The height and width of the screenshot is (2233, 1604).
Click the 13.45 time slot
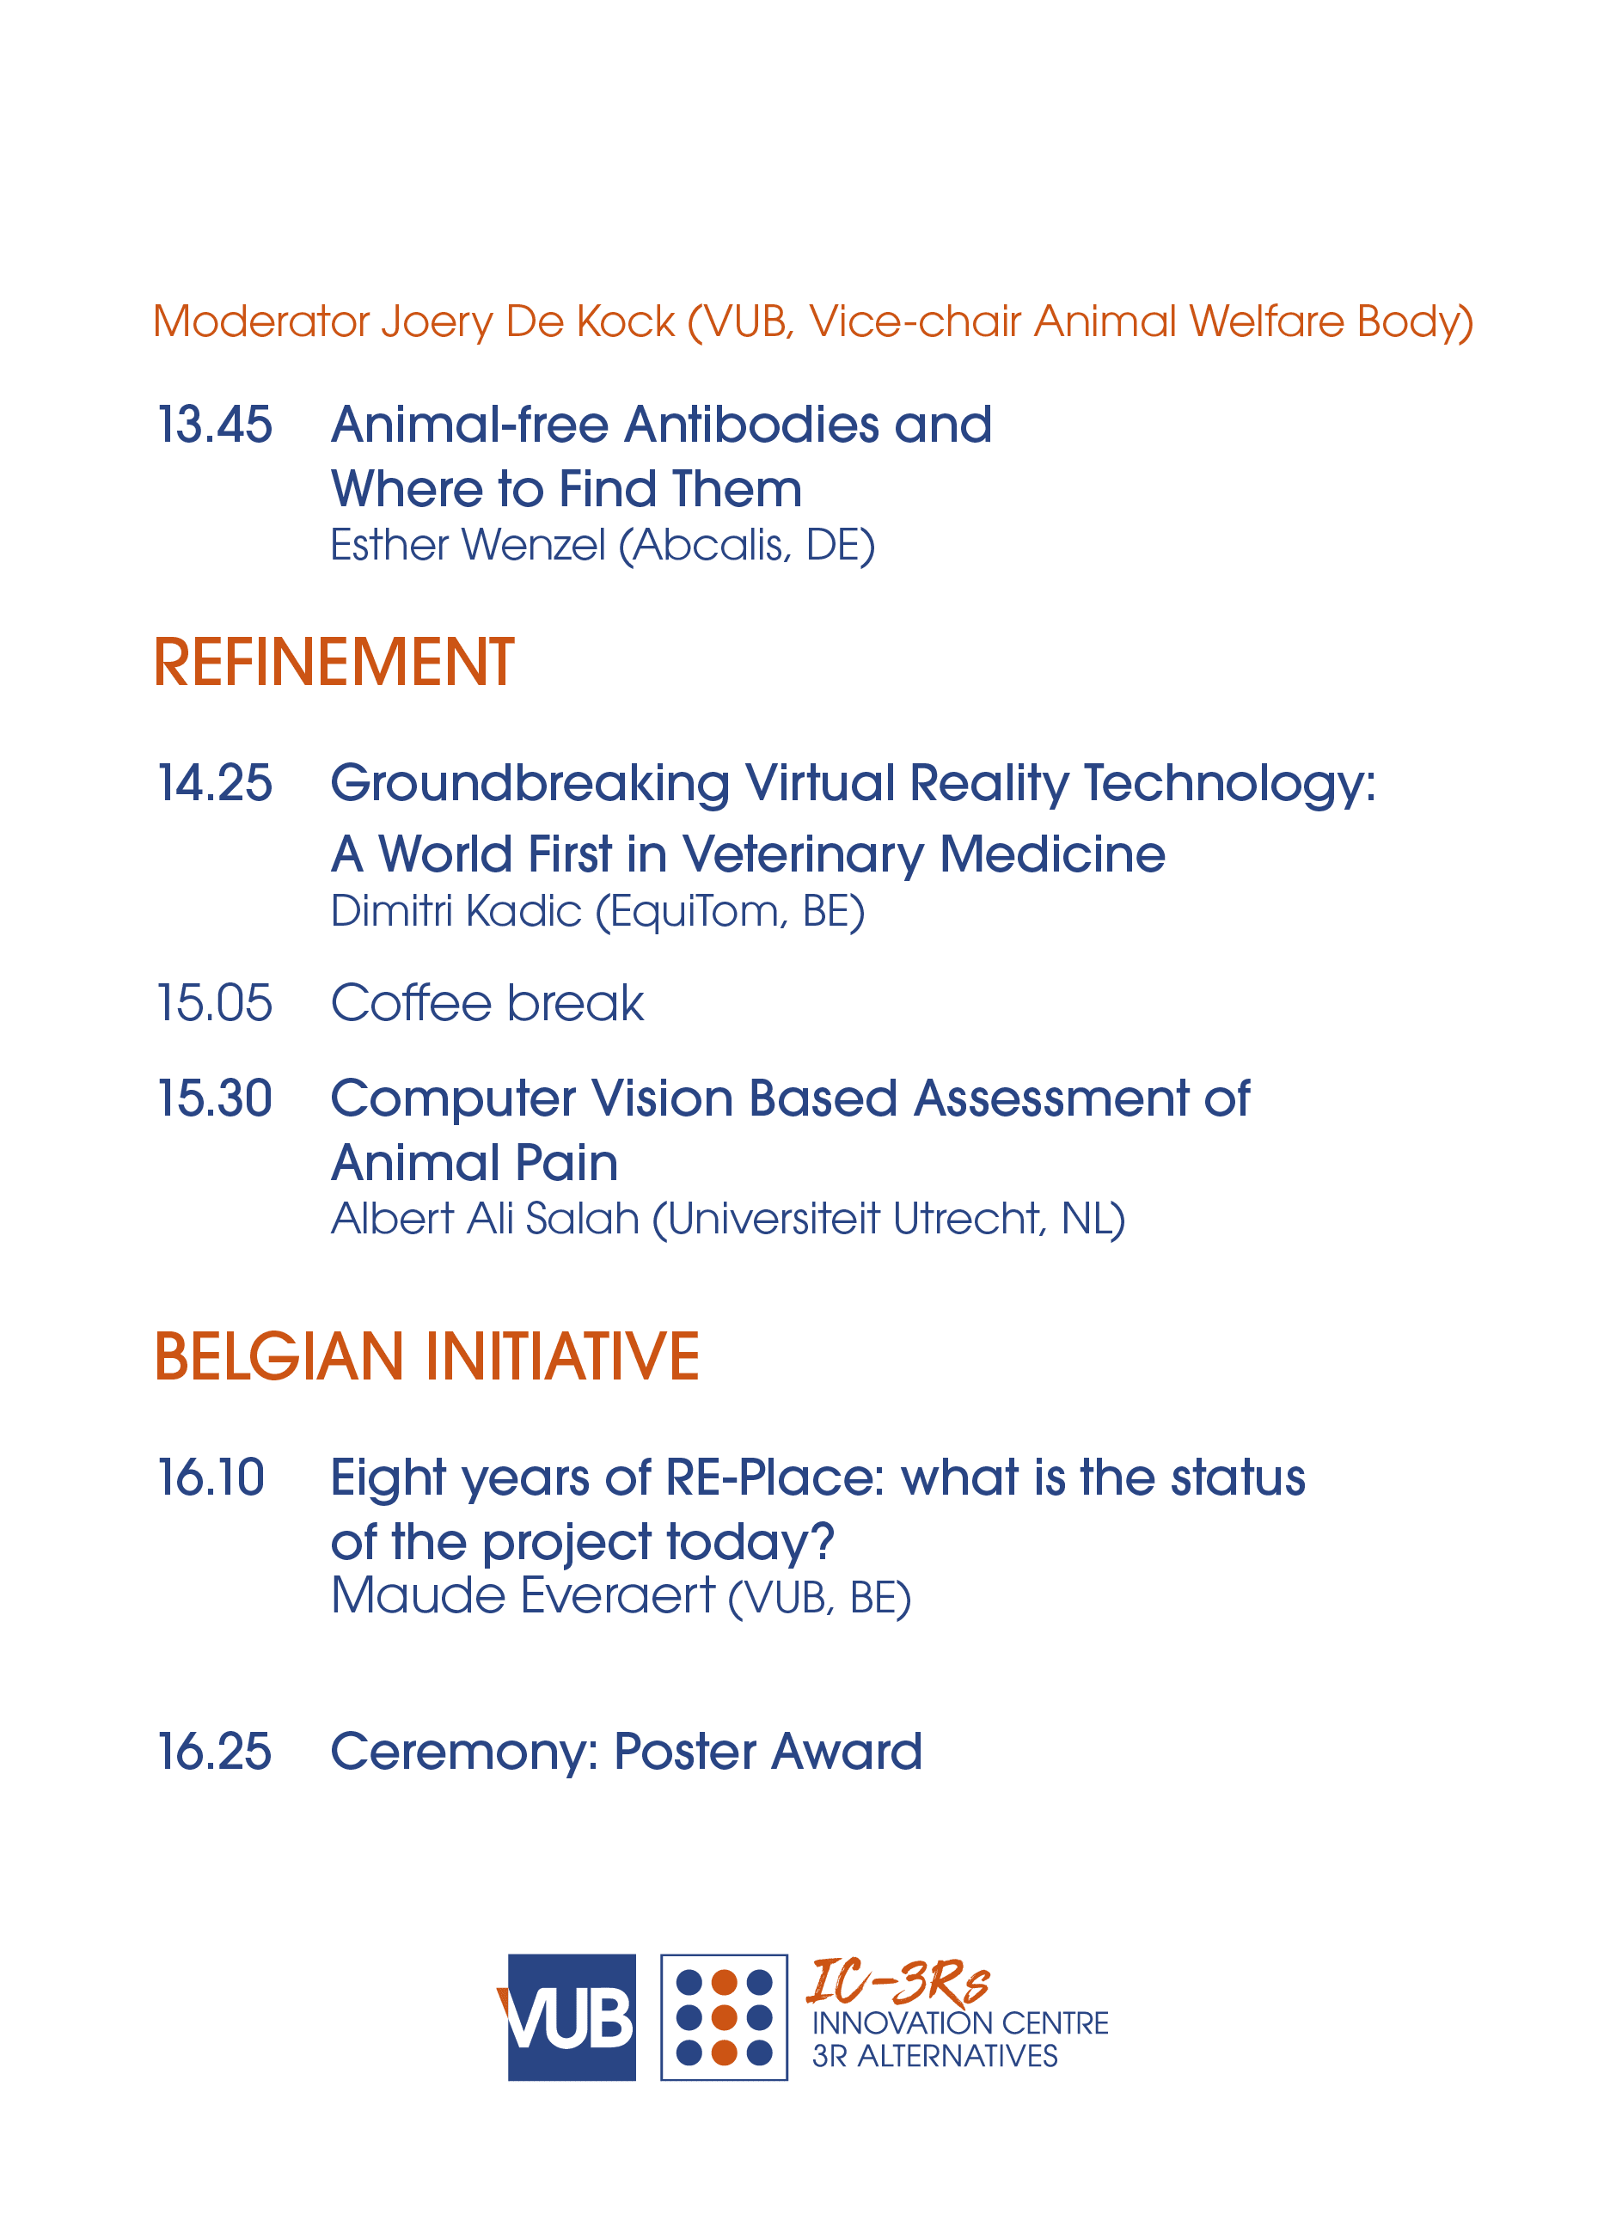coord(215,425)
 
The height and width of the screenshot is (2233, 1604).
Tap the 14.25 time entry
coord(215,783)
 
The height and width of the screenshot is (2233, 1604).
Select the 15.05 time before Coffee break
coord(215,1002)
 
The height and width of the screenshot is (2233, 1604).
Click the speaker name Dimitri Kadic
coord(456,911)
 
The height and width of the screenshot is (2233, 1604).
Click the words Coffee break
coord(487,1002)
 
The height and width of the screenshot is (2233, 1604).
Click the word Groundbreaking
coord(530,785)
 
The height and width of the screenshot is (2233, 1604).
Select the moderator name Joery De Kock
coord(528,322)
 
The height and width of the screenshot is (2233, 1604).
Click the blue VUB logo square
coord(570,2017)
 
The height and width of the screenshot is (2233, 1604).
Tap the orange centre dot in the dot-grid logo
coord(724,2017)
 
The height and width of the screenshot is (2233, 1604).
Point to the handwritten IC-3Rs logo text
coord(897,1981)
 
